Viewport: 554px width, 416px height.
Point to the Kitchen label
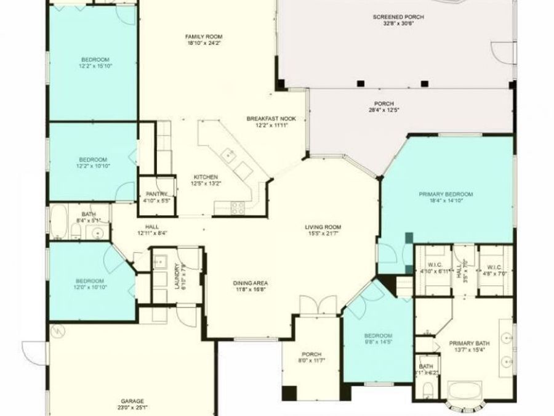(x=206, y=176)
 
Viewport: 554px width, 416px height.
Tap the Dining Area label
(x=250, y=283)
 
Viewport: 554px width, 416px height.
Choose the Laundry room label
(x=177, y=277)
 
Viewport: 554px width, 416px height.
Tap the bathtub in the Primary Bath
(x=465, y=392)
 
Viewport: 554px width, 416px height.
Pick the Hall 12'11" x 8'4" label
(x=152, y=229)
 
